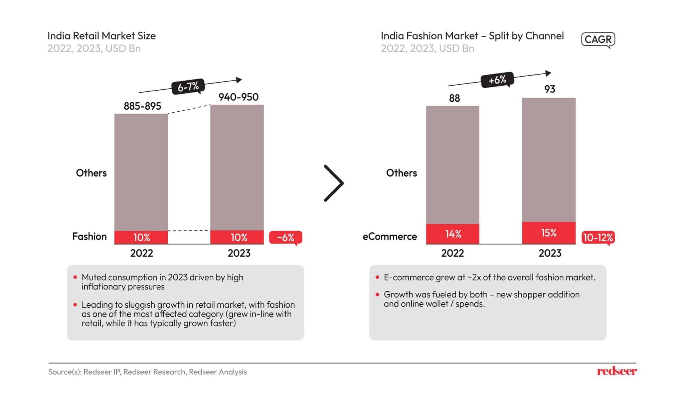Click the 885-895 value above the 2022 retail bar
[142, 106]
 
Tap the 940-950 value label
[238, 97]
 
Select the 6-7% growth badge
[188, 87]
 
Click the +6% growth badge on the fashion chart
[497, 80]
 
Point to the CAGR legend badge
[598, 39]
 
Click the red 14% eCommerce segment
[453, 234]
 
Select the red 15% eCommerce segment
[549, 233]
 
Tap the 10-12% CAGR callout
[598, 237]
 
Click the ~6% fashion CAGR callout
[286, 237]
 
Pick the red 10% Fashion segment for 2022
[141, 237]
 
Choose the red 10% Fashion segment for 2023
[237, 237]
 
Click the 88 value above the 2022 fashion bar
[454, 98]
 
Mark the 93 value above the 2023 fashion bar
[549, 89]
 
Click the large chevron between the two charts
[334, 183]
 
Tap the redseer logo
[617, 371]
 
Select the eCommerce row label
[389, 236]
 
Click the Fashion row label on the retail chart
[90, 236]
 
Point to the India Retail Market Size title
[102, 36]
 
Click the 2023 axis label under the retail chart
[239, 253]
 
